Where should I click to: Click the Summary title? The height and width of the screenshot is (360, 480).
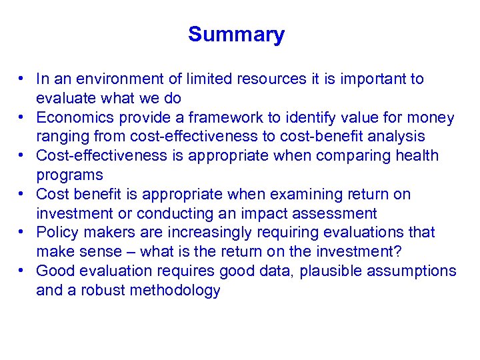click(x=236, y=35)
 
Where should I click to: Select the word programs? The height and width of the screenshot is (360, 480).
click(x=69, y=175)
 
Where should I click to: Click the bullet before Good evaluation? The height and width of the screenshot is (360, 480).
click(x=23, y=271)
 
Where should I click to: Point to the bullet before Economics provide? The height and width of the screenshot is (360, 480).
click(x=23, y=117)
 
